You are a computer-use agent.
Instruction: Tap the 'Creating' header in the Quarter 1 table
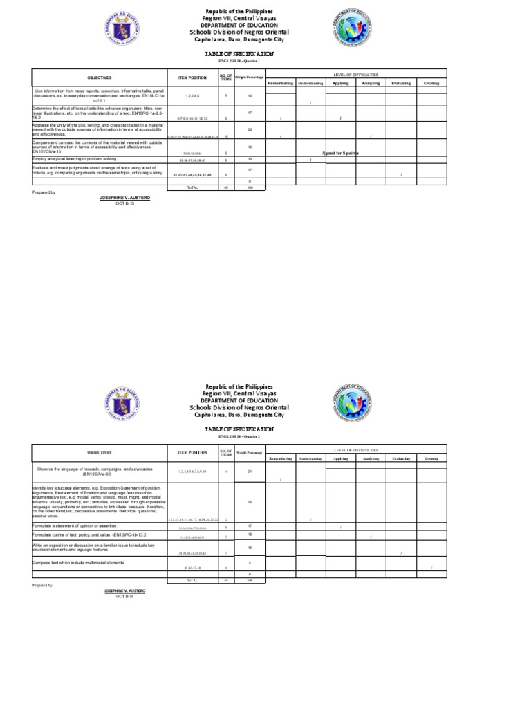[431, 83]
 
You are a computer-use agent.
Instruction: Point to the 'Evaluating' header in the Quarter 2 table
[401, 458]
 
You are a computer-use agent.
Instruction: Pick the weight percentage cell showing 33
[249, 129]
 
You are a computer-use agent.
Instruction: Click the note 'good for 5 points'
[339, 153]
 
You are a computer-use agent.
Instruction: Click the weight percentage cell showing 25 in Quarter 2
[249, 502]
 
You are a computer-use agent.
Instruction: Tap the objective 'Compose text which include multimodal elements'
[77, 563]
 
